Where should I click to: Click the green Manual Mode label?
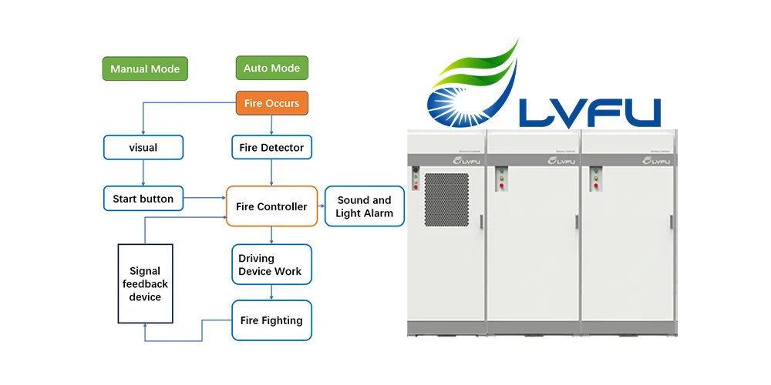tap(145, 69)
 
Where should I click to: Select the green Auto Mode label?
tap(271, 68)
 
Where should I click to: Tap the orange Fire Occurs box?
tap(271, 103)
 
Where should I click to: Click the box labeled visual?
tap(143, 147)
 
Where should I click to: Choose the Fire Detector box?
tap(271, 147)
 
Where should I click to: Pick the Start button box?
tap(143, 199)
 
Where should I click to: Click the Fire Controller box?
tap(271, 206)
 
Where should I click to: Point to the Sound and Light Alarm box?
tap(365, 206)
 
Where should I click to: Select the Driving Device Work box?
tap(271, 265)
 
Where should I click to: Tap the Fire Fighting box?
tap(271, 320)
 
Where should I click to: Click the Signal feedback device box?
tap(145, 283)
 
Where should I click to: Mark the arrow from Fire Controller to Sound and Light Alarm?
tap(321, 206)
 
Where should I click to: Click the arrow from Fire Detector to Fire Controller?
tap(271, 172)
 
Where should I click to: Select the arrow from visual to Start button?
tap(143, 172)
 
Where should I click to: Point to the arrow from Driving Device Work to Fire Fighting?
tap(271, 293)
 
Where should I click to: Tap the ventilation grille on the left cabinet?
tap(446, 199)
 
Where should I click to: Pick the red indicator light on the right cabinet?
tap(595, 186)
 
